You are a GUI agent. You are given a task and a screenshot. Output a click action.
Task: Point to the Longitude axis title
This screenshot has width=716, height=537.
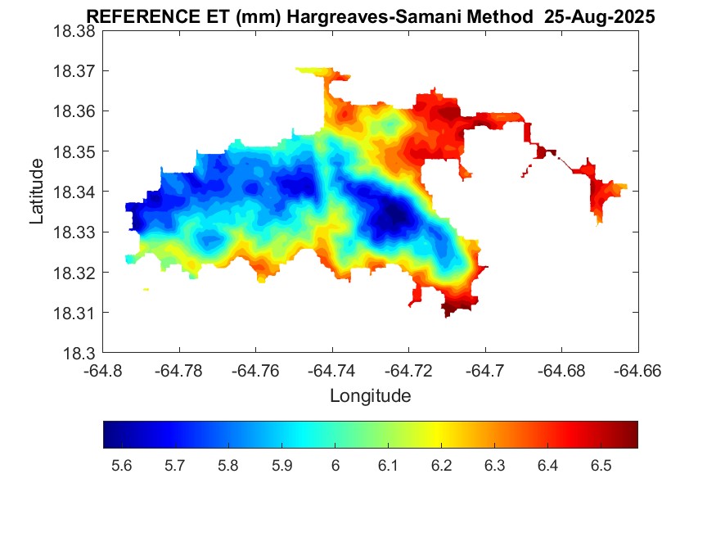coord(370,396)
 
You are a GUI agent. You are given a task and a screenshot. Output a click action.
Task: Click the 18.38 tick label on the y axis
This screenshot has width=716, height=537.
coord(74,31)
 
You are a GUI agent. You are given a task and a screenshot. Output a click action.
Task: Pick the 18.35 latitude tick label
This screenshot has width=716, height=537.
coord(74,152)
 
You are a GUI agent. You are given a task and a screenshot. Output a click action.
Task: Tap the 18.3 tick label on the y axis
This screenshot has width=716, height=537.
coord(79,354)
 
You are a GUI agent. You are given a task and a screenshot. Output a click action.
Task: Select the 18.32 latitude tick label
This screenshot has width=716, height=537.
coord(74,273)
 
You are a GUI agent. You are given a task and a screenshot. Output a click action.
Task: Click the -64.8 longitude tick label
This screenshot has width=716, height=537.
coord(104,371)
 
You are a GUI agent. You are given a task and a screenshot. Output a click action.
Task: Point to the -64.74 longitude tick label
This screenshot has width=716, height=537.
coord(331,371)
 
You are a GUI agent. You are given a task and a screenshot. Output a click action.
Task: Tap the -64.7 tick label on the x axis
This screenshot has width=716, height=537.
coord(486,371)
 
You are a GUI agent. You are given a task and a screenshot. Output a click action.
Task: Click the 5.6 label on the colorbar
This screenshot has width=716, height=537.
coord(121,466)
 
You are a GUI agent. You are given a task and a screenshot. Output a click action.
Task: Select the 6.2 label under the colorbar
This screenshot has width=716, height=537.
coord(441,466)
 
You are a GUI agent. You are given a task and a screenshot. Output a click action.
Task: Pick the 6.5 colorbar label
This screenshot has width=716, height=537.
coord(601,466)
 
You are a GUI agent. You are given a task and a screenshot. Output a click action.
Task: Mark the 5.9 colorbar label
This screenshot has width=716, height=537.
coord(281,466)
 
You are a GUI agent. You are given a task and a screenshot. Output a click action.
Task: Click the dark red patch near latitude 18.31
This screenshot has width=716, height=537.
coord(455,308)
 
